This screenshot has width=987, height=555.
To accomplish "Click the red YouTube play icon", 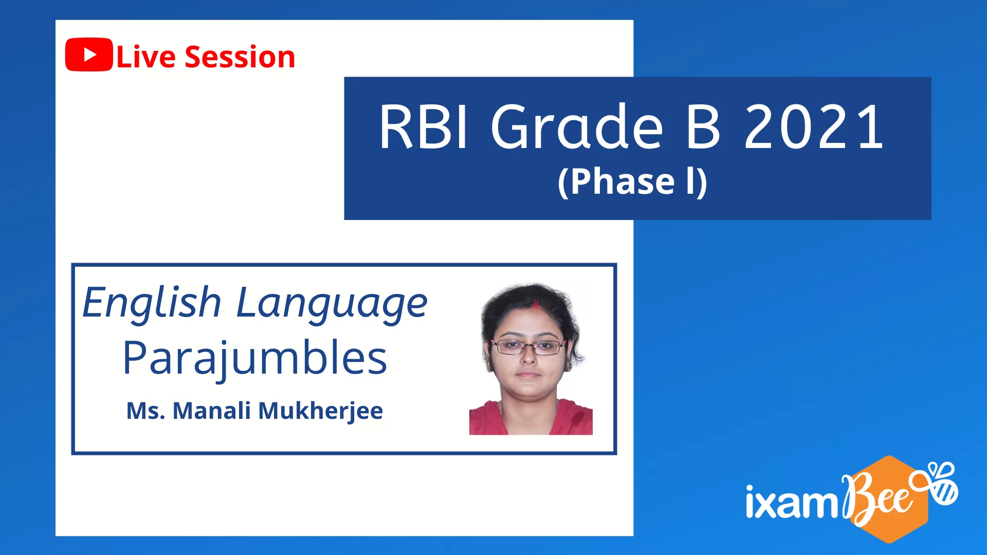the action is tap(89, 54).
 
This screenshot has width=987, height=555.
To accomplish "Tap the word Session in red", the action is tap(240, 57).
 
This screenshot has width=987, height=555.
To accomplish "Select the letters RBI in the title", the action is tap(423, 126).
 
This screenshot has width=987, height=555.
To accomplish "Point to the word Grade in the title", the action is tap(577, 126).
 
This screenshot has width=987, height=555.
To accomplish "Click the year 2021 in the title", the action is tap(814, 126).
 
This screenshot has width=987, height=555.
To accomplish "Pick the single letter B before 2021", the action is tap(703, 126).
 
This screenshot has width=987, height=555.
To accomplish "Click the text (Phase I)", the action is tap(633, 182).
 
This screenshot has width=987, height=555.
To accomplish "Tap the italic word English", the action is tap(152, 303).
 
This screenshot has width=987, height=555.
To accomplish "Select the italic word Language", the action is tap(332, 304).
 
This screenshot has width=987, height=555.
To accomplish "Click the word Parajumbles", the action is tap(254, 359).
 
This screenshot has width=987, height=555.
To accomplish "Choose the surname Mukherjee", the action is tap(320, 412).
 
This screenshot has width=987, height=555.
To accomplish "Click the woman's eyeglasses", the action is tap(528, 347).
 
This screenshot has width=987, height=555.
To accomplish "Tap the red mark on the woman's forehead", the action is tap(536, 305).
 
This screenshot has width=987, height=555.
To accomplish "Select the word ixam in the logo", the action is tap(792, 502).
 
